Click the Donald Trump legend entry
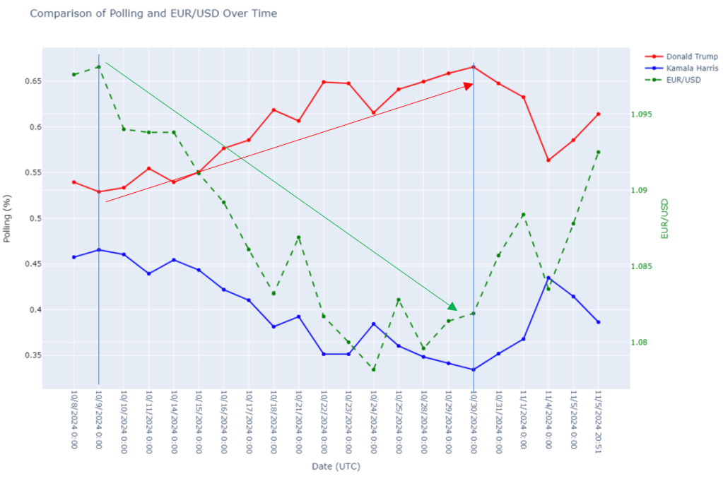point(682,57)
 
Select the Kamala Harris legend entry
point(682,69)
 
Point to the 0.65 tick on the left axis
point(31,81)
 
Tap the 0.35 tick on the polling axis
point(31,355)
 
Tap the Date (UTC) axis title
point(336,466)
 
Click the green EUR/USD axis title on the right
point(664,218)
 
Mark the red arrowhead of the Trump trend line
point(468,85)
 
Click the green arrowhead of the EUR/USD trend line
point(453,307)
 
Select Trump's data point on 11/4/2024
point(548,160)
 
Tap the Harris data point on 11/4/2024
point(548,278)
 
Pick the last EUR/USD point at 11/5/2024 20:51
point(598,152)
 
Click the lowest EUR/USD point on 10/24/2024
point(373,369)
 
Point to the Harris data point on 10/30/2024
point(474,369)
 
